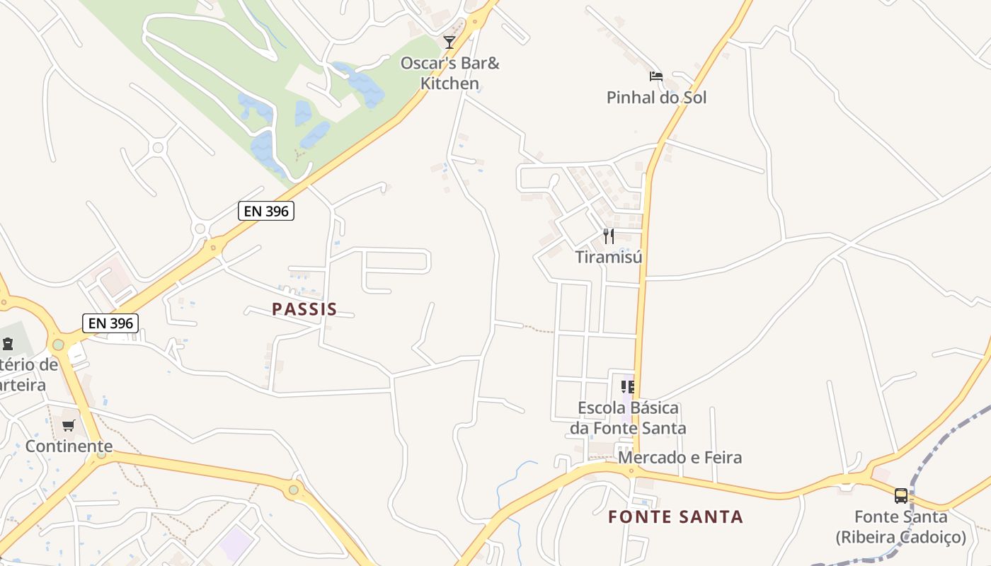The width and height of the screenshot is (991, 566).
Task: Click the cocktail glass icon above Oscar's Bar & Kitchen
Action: pos(449,42)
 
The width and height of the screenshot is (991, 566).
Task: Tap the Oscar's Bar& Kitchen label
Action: pos(450,73)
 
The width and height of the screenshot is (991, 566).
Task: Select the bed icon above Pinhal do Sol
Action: pos(656,76)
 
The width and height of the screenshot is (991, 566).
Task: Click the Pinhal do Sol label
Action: pos(656,98)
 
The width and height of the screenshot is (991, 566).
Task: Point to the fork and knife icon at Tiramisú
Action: pos(609,236)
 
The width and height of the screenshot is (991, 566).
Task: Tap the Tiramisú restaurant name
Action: pos(609,257)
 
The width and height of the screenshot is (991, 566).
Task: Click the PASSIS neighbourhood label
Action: pos(304,309)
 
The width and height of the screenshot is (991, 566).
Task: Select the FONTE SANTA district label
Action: pos(675,517)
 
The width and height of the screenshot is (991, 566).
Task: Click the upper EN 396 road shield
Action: pos(265,210)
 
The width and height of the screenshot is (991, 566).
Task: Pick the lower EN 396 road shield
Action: pos(110,323)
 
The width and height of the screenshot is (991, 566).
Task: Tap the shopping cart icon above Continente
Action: pos(69,425)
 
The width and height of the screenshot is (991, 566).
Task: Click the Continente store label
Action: pos(69,446)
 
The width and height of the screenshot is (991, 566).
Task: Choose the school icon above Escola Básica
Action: pos(628,386)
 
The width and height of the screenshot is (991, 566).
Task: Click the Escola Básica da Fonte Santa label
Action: pos(628,418)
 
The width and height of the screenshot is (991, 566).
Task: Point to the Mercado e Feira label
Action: pos(680,458)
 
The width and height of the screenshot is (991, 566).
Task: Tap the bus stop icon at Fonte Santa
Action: pos(900,496)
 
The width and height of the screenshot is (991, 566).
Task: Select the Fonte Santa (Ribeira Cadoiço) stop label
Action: pos(900,527)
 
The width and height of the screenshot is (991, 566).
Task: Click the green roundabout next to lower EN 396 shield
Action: pos(58,345)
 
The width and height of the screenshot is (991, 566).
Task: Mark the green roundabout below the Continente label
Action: pos(101,454)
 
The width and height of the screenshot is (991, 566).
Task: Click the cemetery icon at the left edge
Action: pos(8,344)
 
